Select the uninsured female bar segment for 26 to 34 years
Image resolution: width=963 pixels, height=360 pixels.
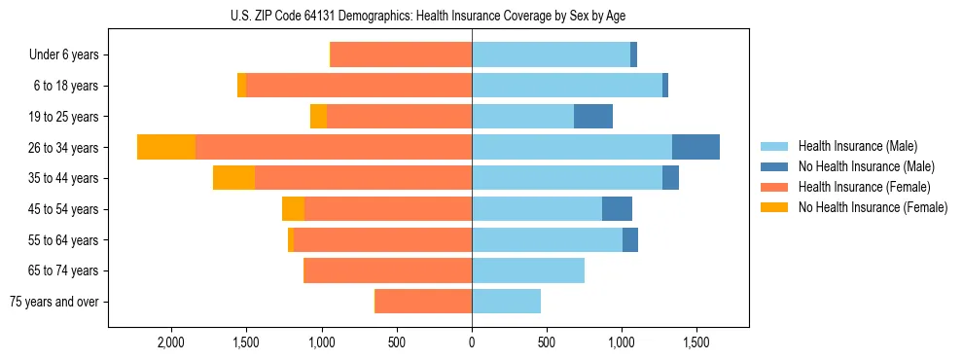[166, 147]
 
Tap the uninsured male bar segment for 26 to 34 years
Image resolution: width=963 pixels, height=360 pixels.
[695, 147]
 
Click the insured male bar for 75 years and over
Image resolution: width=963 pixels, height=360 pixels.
[506, 302]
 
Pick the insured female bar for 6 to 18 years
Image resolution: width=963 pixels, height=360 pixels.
[359, 86]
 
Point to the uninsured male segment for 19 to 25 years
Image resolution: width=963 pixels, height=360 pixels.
[593, 117]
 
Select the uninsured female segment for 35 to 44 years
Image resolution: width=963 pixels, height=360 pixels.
[233, 178]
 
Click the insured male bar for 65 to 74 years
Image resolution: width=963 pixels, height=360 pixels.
[528, 270]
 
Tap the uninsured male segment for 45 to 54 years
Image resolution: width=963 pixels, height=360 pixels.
[617, 209]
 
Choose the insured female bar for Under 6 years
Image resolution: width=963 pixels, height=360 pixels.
[402, 54]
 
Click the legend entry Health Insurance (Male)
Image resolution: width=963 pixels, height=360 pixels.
[857, 146]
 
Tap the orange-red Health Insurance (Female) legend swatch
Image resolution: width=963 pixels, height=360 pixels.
[774, 187]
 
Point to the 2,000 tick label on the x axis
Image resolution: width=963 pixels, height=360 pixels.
[171, 342]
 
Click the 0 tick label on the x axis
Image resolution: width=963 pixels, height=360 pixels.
[472, 342]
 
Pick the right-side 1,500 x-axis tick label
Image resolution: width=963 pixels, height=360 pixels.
[696, 342]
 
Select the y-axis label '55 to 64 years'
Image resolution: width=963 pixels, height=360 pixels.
[65, 240]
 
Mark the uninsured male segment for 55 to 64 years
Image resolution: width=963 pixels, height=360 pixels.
[630, 240]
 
